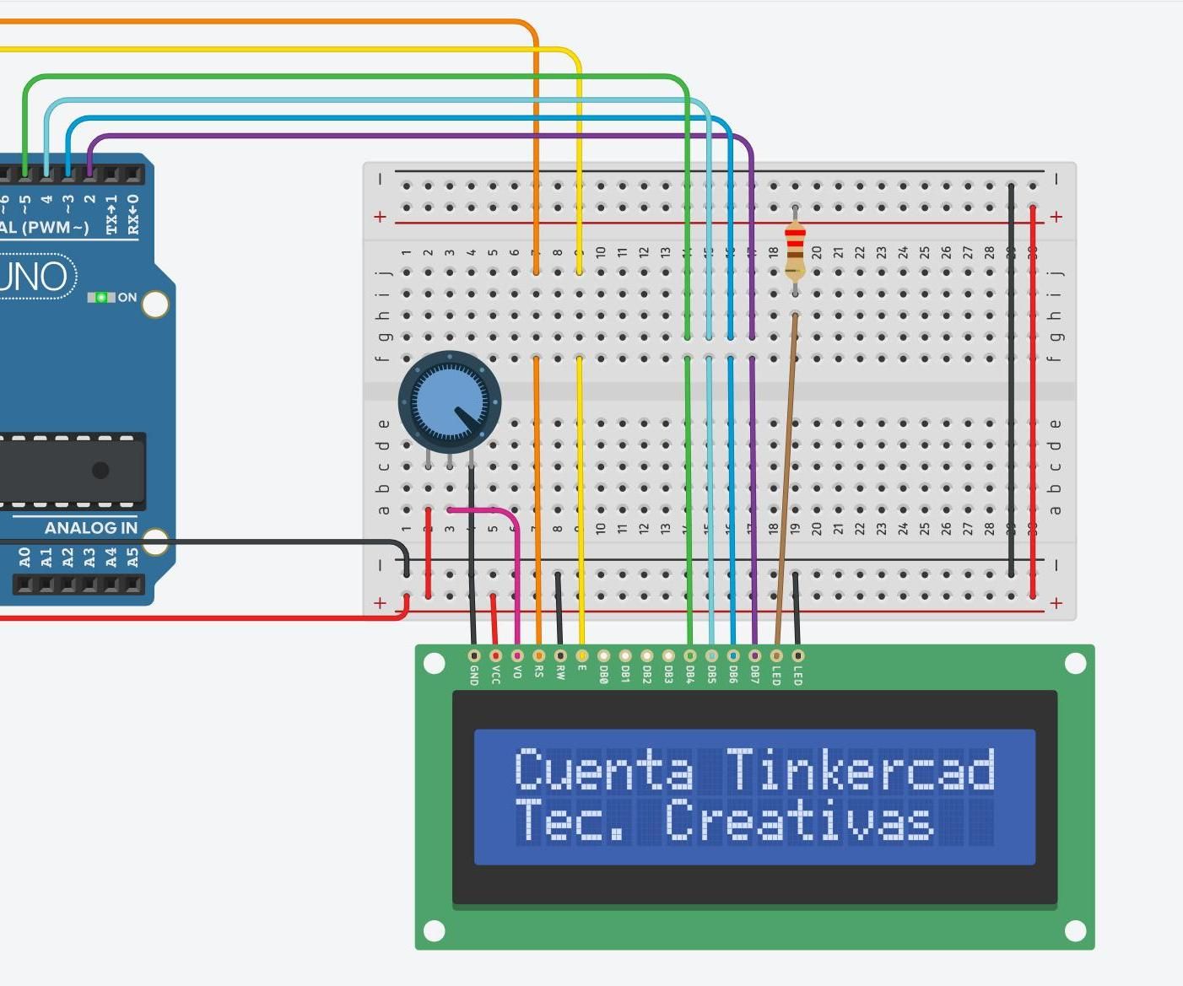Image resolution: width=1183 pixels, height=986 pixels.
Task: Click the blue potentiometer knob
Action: coord(449,401)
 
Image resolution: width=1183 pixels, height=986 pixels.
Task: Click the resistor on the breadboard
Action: coord(795,251)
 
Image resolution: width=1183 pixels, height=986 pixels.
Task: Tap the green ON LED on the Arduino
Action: coord(101,298)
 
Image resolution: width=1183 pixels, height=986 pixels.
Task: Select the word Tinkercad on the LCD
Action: coord(860,769)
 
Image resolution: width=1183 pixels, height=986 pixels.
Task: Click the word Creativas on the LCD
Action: coord(798,821)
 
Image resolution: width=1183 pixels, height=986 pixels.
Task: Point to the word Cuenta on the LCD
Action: coord(603,769)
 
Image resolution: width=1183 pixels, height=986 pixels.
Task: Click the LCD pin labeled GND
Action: coord(474,656)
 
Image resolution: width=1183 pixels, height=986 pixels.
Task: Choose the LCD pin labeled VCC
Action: coord(495,656)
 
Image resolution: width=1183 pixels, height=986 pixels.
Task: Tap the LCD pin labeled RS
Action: coord(538,656)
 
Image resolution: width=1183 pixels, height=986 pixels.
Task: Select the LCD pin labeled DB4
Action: coord(690,656)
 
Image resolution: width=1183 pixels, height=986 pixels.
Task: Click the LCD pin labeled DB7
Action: coord(754,656)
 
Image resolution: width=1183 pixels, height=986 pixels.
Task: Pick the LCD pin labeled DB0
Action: coord(603,656)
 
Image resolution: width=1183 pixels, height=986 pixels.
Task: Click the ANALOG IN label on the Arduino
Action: coord(90,528)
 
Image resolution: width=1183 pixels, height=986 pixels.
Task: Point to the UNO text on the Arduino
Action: coord(34,277)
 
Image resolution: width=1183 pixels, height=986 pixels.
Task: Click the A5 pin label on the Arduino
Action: coord(132,558)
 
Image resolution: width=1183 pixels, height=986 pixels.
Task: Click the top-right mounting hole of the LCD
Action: coord(1075,664)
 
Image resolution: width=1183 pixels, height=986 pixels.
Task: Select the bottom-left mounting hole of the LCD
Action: coord(434,930)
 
